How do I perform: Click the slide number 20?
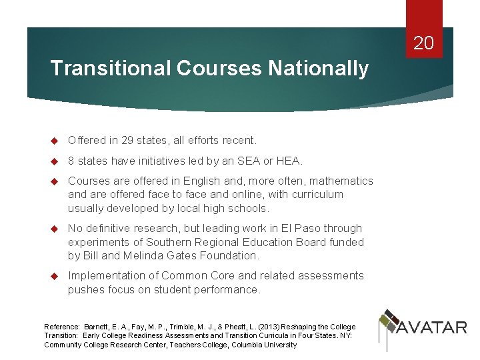[x=423, y=44]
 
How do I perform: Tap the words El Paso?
[x=303, y=228]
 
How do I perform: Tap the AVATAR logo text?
[x=432, y=327]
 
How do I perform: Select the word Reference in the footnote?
[x=61, y=327]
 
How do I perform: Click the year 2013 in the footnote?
[x=264, y=327]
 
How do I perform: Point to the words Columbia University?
[x=263, y=345]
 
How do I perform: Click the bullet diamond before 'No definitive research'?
[x=56, y=229]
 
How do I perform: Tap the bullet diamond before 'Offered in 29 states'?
[x=56, y=141]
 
